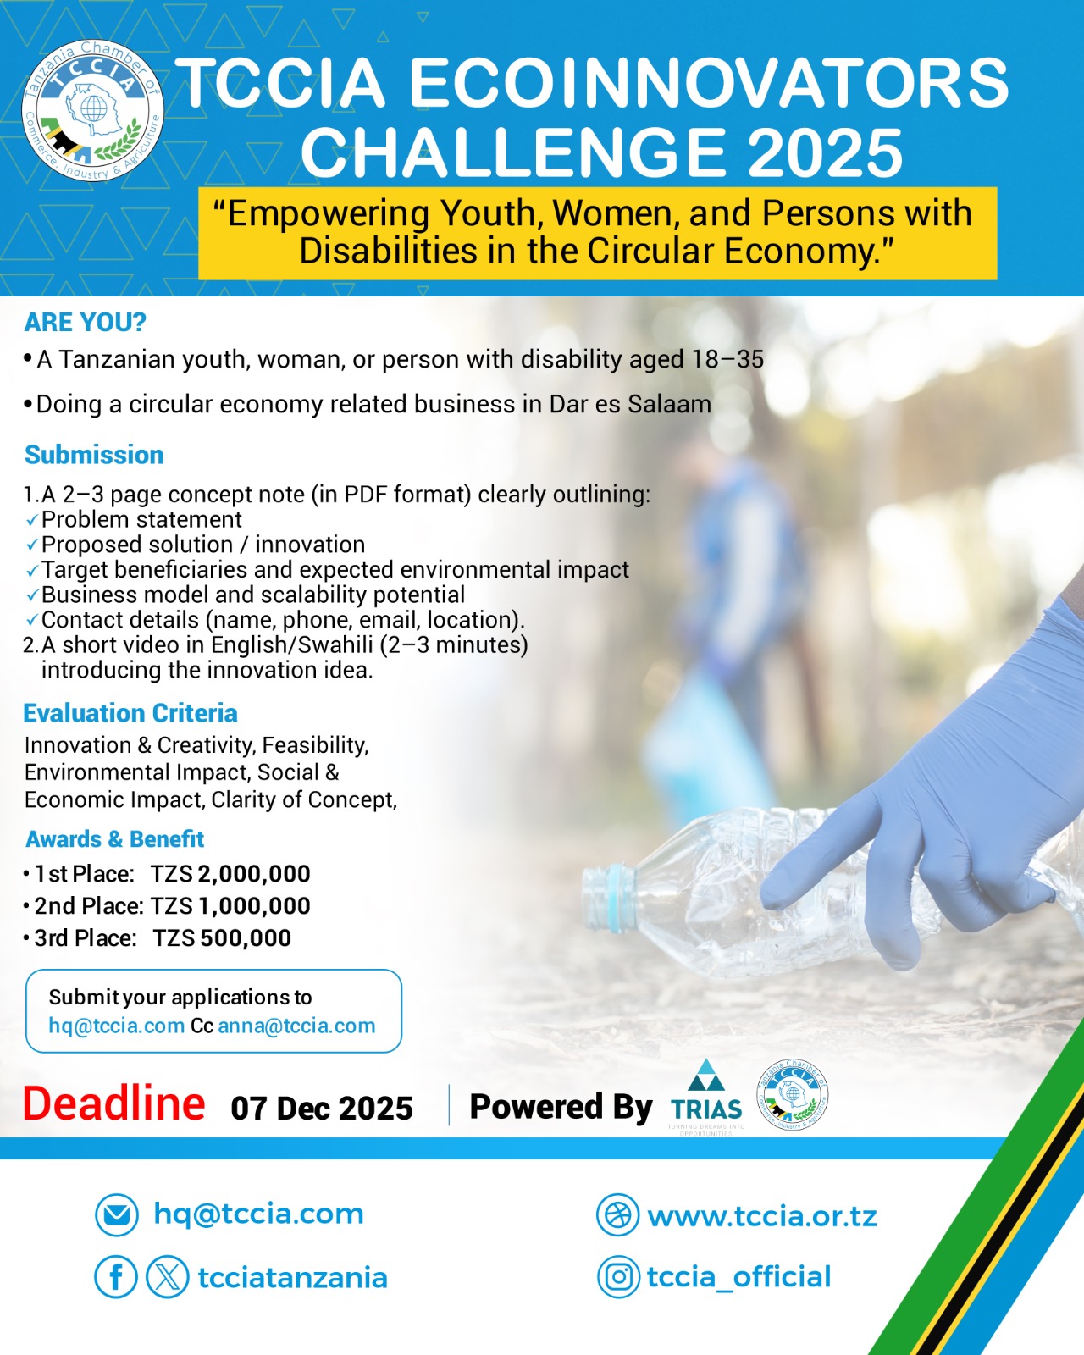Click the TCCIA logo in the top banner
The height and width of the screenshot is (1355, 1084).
[x=92, y=111]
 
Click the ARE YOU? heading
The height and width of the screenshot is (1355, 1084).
[x=85, y=323]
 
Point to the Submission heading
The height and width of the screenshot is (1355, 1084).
[x=94, y=455]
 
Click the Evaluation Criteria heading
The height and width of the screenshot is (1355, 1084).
[x=130, y=713]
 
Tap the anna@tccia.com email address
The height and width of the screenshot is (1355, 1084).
[x=296, y=1026]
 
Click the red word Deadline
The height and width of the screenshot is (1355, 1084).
[x=114, y=1104]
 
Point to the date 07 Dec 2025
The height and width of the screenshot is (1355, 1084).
[x=322, y=1109]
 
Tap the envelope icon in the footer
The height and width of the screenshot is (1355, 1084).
[x=117, y=1214]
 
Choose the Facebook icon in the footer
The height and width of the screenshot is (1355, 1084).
[x=116, y=1277]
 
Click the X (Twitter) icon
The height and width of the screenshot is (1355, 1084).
[x=167, y=1277]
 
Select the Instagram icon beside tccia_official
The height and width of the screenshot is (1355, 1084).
[x=618, y=1277]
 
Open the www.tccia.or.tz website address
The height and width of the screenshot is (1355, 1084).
[x=762, y=1216]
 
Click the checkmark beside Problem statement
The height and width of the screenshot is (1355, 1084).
[x=32, y=522]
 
